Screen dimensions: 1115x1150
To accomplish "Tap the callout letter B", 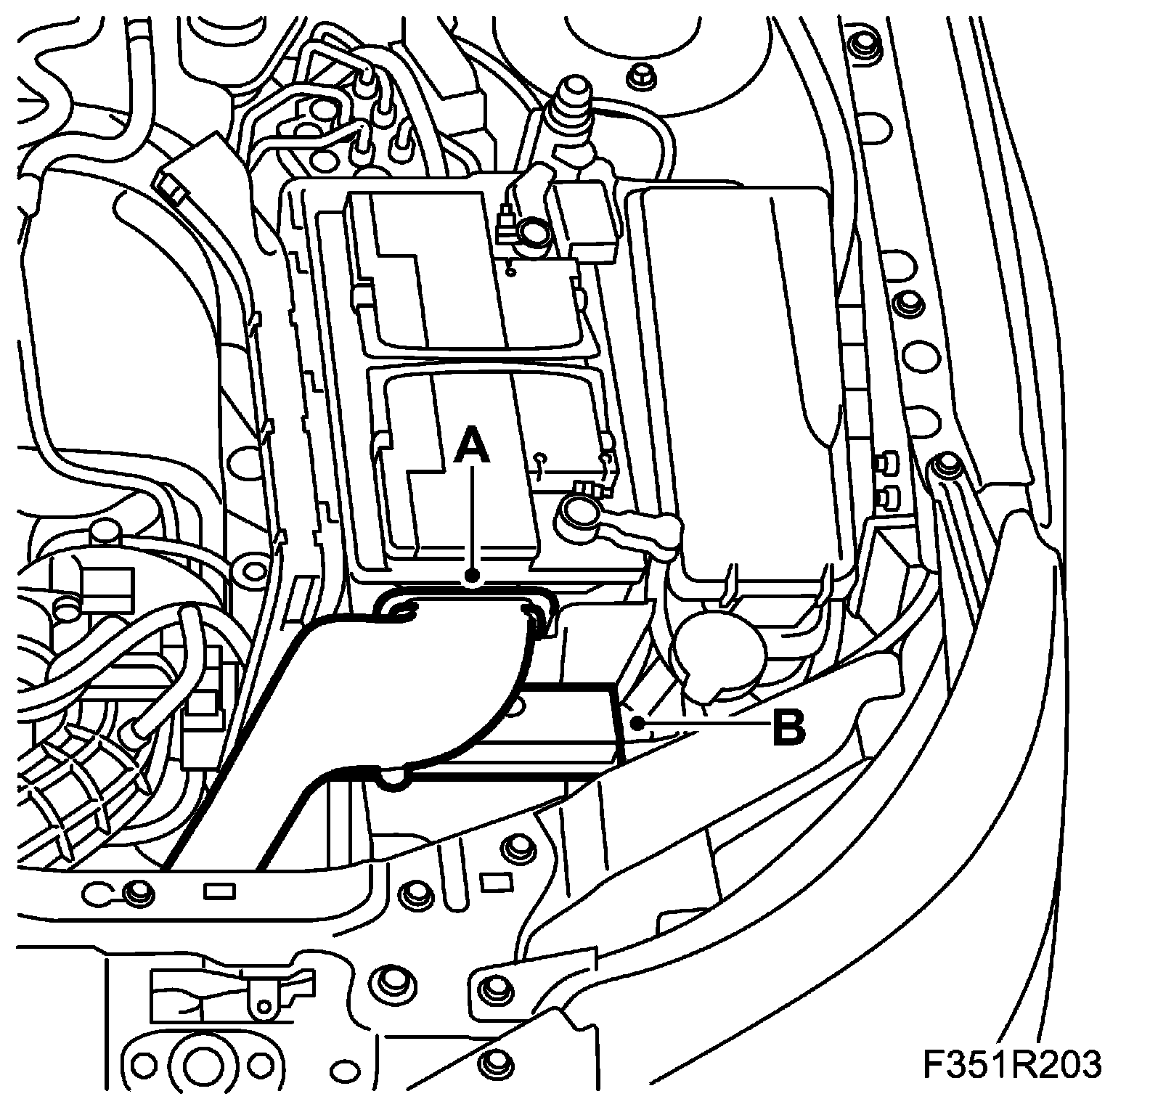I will pyautogui.click(x=789, y=727).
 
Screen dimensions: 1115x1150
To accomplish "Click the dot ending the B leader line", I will pyautogui.click(x=637, y=722).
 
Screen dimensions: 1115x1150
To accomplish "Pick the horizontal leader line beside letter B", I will pyautogui.click(x=697, y=723).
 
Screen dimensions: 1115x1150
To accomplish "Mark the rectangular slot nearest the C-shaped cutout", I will pyautogui.click(x=219, y=889).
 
